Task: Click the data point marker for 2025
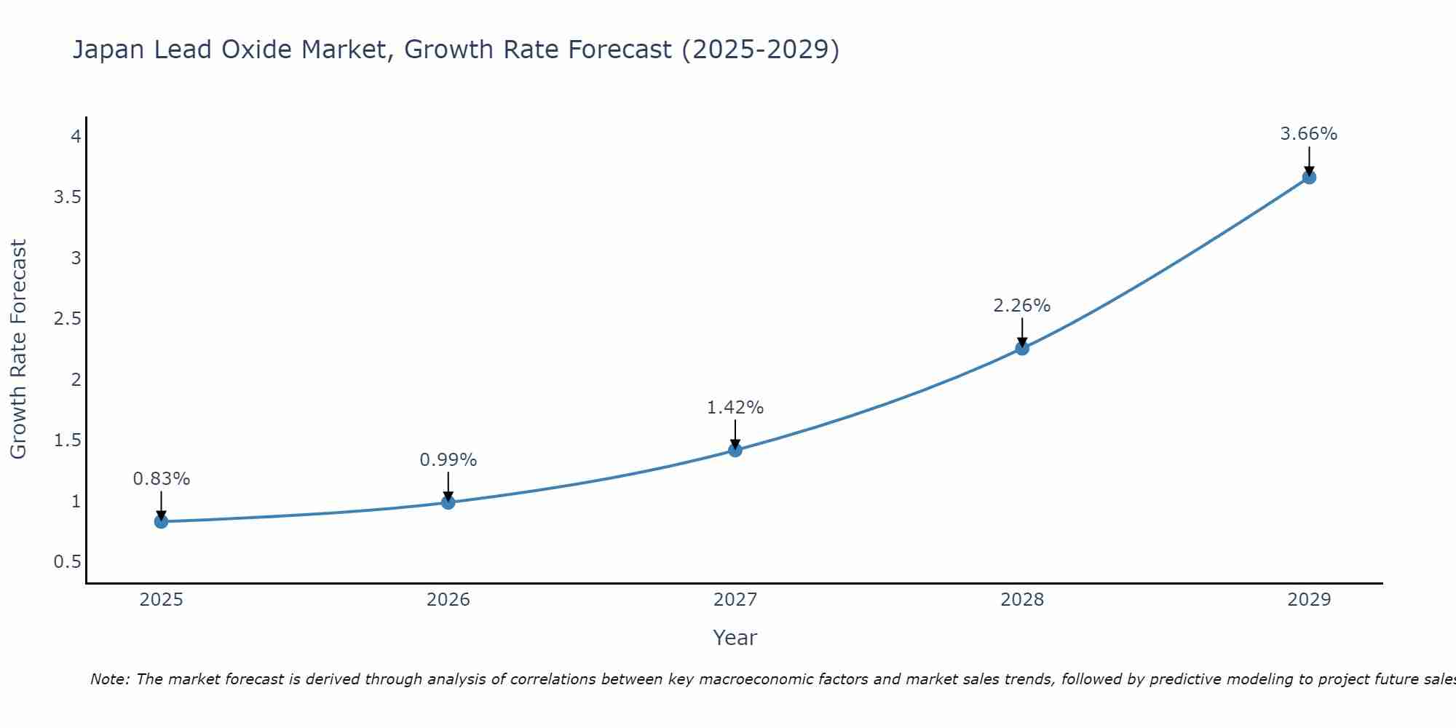162,521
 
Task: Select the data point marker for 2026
448,502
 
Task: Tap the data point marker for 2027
735,450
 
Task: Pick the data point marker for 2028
1022,348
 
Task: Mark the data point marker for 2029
1309,177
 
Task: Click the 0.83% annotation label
162,479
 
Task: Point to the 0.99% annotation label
448,460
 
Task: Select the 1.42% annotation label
735,408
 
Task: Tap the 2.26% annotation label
1022,306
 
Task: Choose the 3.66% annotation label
1309,134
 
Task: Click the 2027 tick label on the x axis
735,600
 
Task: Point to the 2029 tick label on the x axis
1309,600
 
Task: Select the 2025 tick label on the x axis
162,600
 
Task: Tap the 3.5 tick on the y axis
67,197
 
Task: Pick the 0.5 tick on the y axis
67,562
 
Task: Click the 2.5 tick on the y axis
67,319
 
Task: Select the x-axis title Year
735,638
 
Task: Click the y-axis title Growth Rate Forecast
19,349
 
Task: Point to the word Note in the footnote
109,679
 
